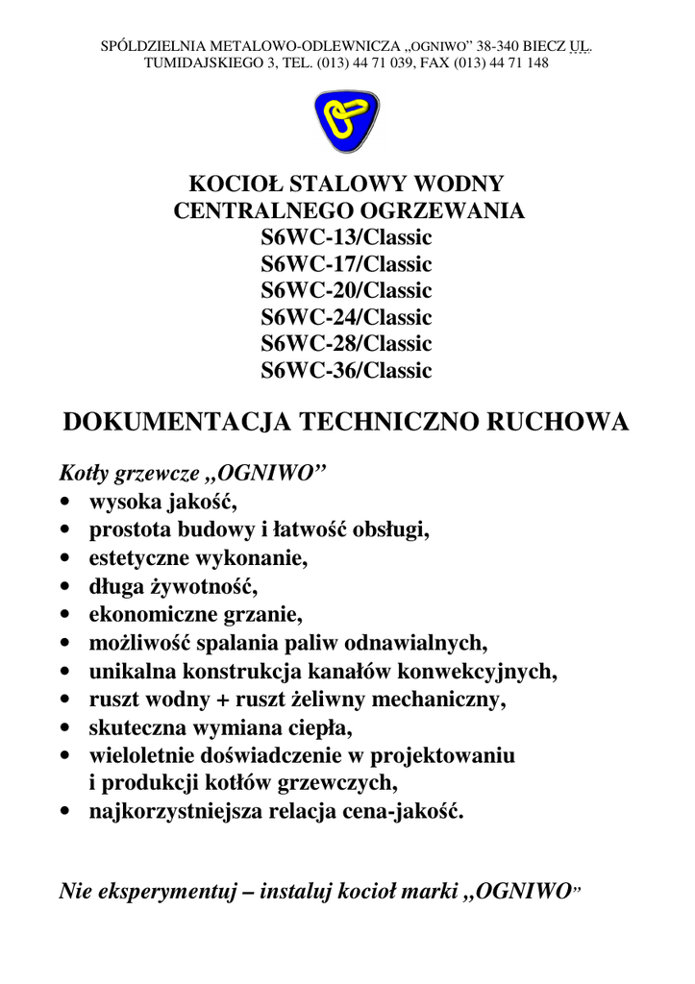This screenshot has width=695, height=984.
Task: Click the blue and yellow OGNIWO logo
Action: point(347,122)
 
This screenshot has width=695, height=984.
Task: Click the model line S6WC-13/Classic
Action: point(347,237)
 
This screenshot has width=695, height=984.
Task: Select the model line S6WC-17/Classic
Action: point(347,264)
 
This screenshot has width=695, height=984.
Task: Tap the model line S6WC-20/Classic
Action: point(347,290)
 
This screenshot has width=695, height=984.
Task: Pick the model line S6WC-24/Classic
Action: point(347,317)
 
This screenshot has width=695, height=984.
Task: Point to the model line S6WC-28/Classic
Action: point(347,344)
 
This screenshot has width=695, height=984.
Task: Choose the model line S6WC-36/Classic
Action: point(347,371)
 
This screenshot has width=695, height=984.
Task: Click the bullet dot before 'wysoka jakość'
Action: point(64,503)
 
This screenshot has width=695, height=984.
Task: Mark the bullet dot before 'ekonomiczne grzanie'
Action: point(64,614)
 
